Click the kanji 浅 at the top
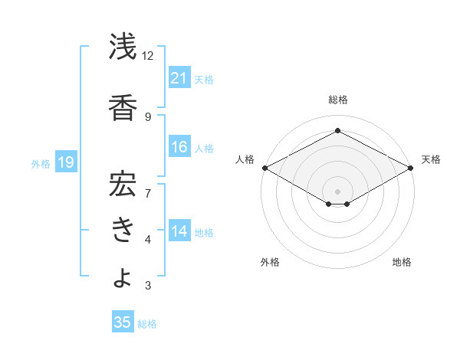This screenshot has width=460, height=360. point(123,47)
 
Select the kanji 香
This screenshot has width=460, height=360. point(123,108)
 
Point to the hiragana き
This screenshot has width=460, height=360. point(123,230)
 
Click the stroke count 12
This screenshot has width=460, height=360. point(148,56)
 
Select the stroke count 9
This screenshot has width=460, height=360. point(148,116)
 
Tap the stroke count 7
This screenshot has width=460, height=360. point(148,185)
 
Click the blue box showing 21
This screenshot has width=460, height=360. point(179,77)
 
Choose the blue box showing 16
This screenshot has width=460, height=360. point(179,147)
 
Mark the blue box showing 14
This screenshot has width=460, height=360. point(179,231)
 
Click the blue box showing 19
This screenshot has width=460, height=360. point(65,162)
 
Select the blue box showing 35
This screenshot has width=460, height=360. point(123,322)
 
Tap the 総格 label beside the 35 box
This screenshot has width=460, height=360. point(147,324)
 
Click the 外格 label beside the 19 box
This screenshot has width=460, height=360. point(41,163)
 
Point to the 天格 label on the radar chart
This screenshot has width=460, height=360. point(431,159)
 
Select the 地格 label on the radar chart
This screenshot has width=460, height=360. point(402,262)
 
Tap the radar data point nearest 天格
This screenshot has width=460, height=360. point(412,168)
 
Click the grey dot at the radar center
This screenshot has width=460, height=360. point(337,190)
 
